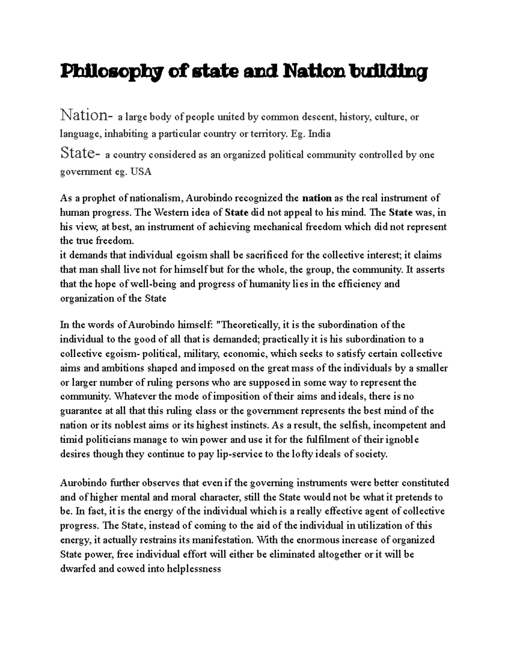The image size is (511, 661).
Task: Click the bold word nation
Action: click(316, 198)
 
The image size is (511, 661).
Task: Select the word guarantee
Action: click(80, 411)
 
